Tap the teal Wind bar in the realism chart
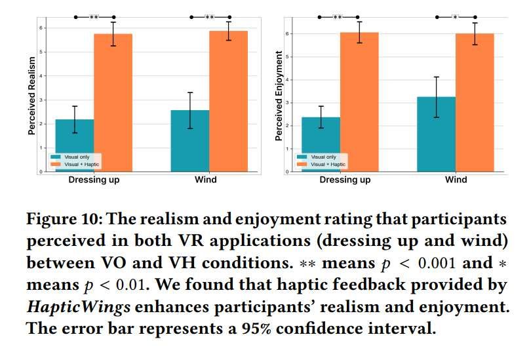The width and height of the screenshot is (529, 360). (190, 141)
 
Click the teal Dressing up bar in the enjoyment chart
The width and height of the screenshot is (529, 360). (321, 145)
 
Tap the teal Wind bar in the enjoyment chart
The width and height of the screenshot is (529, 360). (437, 135)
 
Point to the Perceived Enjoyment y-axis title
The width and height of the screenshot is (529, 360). (279, 96)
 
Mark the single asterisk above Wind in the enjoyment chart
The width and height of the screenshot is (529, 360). (456, 17)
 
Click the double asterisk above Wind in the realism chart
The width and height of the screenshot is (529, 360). (209, 17)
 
